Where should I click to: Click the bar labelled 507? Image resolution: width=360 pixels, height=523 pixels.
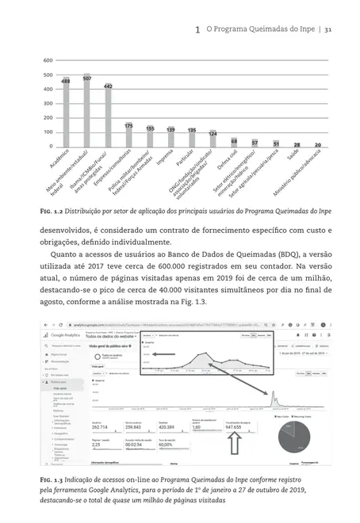86,111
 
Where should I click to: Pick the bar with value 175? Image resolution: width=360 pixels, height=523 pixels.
128,135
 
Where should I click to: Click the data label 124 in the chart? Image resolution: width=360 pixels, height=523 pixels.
213,134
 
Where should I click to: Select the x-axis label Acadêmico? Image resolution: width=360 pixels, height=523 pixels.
56,162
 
